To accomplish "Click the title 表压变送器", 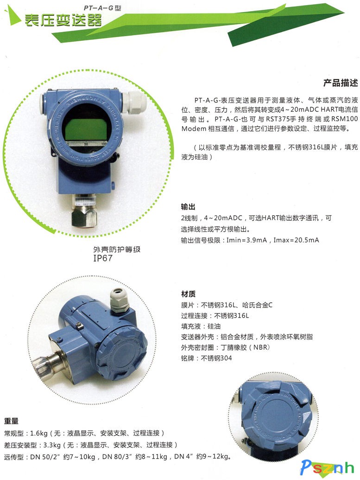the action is pyautogui.click(x=63, y=20).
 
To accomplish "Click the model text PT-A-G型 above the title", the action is pyautogui.click(x=102, y=8).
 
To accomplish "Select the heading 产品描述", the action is pyautogui.click(x=341, y=83).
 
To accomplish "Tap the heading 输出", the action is pyautogui.click(x=188, y=207).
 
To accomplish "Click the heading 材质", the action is pyautogui.click(x=188, y=294).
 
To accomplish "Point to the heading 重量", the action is pyautogui.click(x=11, y=421).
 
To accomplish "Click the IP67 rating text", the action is pyautogui.click(x=103, y=258).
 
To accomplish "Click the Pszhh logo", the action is pyautogui.click(x=327, y=467).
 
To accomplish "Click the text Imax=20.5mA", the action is pyautogui.click(x=296, y=240).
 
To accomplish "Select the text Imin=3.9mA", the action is pyautogui.click(x=246, y=240).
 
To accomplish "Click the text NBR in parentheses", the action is pyautogui.click(x=261, y=347).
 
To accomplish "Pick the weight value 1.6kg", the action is pyautogui.click(x=38, y=433).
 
